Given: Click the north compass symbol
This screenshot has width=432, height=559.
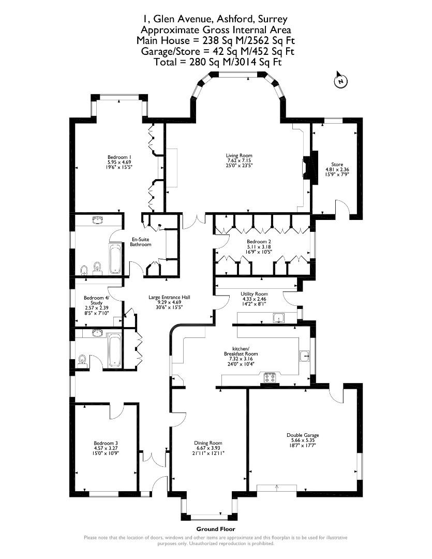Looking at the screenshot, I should tap(340, 81).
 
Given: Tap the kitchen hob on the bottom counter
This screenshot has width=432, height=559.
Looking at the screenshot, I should tap(270, 376).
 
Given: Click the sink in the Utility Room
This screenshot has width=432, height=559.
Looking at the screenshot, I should tap(280, 317).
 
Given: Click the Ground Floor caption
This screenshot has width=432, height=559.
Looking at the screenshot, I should tap(215, 529).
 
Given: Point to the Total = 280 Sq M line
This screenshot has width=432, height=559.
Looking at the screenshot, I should tap(217, 62).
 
